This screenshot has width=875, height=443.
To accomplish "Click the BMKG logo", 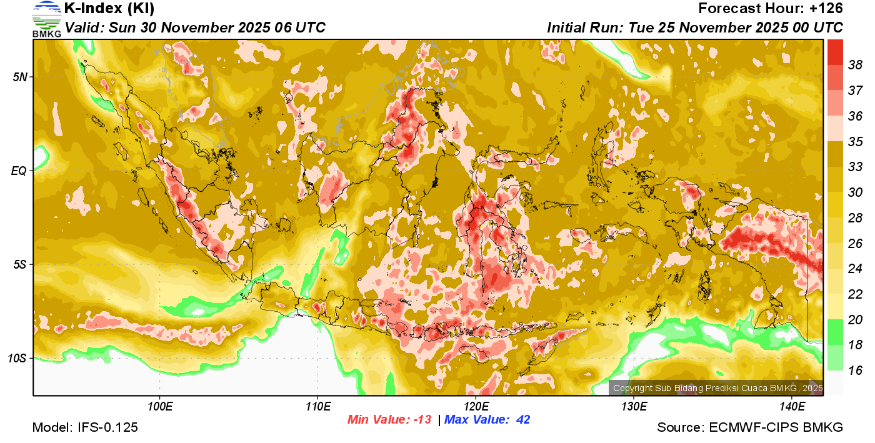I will (47, 19).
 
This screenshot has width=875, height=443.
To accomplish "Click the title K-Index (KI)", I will (109, 9).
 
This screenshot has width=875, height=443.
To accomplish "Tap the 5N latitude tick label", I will (19, 77).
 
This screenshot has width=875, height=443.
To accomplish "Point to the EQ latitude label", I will (19, 171).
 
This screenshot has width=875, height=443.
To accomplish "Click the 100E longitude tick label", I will (159, 407).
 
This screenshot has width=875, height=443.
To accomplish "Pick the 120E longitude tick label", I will (476, 407).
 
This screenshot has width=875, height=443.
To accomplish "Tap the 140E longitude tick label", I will (792, 407).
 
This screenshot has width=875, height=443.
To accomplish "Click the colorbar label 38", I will (856, 64).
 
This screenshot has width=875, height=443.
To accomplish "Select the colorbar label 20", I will (856, 319).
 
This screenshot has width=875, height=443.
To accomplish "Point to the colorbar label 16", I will (856, 371).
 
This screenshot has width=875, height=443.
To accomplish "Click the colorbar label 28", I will (856, 217).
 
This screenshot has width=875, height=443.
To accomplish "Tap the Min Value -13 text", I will (389, 420).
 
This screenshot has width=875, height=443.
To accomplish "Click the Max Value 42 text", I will (487, 420).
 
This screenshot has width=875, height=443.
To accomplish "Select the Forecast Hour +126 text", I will (771, 9).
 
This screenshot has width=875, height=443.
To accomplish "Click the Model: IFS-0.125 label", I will (85, 427).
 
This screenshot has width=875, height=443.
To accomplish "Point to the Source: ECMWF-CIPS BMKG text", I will (750, 427).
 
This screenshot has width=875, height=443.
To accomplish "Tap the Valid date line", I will (195, 27).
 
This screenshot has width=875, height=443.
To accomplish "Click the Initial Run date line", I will (695, 27).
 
